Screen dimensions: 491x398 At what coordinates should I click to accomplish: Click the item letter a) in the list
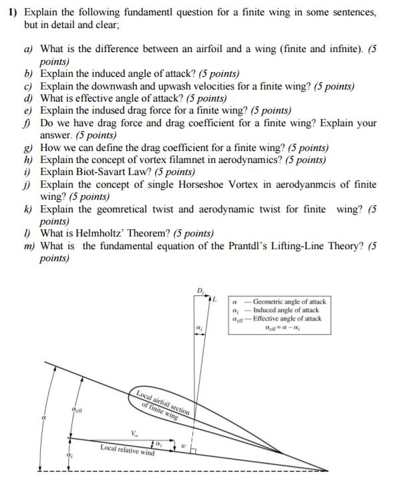27,49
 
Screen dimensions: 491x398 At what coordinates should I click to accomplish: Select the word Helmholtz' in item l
102,233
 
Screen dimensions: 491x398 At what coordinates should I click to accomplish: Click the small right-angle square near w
193,451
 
